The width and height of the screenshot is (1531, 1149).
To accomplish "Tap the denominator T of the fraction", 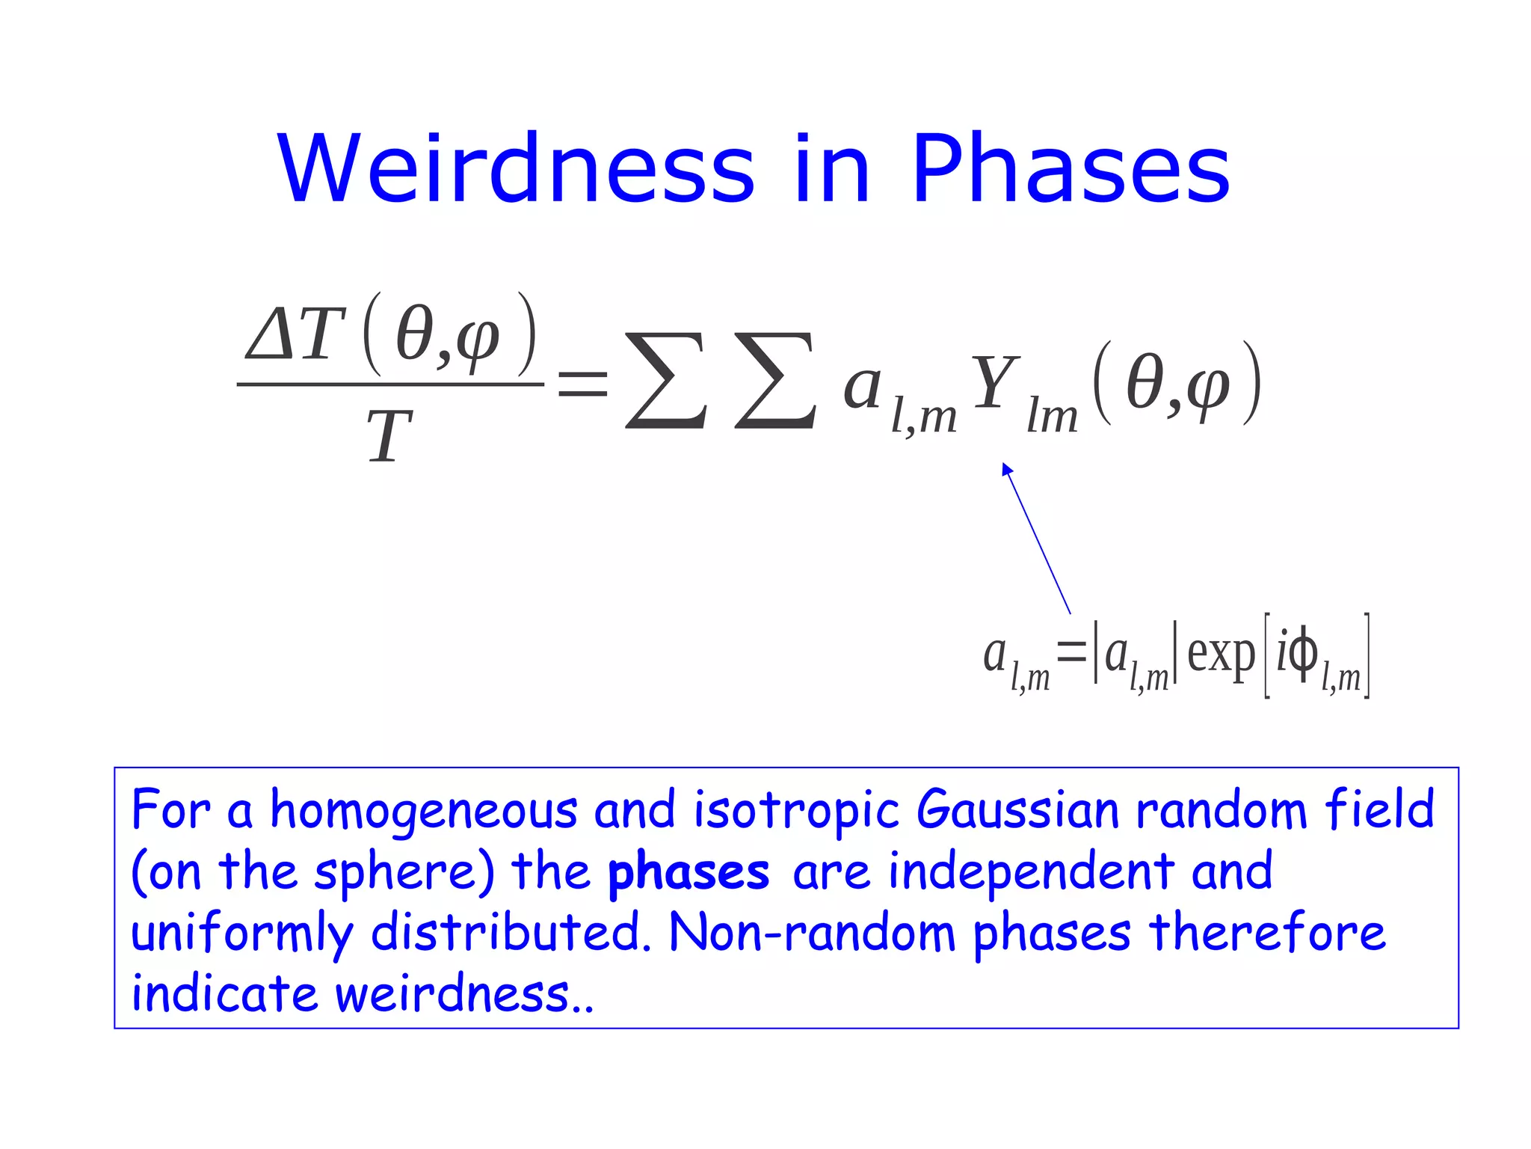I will [389, 437].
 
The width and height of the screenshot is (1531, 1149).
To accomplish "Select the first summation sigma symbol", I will [665, 382].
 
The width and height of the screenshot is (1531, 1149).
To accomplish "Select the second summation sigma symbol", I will [775, 382].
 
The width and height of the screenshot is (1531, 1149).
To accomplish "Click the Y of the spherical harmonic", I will [994, 383].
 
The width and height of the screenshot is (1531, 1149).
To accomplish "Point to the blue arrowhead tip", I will [1005, 466].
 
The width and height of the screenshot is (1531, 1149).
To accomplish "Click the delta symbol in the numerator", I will [271, 334].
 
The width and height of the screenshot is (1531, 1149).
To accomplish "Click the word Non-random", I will [812, 934].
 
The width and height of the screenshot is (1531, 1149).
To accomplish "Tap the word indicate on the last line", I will [224, 994].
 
